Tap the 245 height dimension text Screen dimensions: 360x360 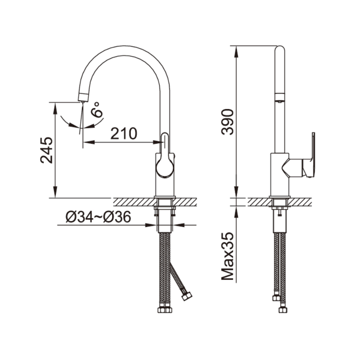(x=47, y=150)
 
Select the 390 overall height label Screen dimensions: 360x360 (x=227, y=121)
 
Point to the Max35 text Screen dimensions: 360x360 (x=227, y=256)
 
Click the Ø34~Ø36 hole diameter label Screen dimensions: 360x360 (x=99, y=216)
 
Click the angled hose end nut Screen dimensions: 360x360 (x=187, y=297)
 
